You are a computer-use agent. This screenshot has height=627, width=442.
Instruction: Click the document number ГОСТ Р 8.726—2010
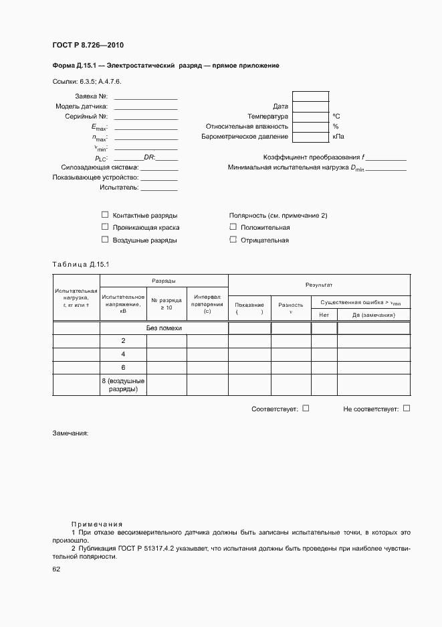(88, 46)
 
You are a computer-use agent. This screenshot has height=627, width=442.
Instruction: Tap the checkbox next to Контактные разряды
(104, 215)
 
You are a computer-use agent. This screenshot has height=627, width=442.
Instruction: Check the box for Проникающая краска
(104, 227)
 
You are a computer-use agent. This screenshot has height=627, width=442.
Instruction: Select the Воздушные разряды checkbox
(104, 239)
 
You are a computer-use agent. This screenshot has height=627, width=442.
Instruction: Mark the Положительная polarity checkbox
(233, 227)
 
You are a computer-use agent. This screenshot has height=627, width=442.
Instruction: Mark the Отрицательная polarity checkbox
(233, 239)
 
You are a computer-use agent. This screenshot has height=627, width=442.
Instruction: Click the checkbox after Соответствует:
(306, 407)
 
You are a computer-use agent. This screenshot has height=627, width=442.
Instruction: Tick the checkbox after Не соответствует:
(407, 407)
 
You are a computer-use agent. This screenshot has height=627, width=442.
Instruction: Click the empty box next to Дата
(311, 106)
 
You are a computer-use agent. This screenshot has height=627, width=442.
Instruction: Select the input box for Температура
(311, 116)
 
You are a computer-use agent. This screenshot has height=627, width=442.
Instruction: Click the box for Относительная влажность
(311, 126)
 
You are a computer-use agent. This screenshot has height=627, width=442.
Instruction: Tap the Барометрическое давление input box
(311, 137)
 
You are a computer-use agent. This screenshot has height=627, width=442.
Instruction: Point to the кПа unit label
(339, 137)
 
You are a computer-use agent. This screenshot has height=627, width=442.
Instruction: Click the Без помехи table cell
(164, 328)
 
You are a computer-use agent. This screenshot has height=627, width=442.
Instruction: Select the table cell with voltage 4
(123, 354)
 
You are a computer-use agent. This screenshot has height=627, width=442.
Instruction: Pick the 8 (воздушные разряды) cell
(123, 385)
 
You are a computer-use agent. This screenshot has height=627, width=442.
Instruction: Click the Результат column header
(319, 285)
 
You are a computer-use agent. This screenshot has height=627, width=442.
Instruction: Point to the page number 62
(56, 569)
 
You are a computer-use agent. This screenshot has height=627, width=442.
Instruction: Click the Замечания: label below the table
(70, 433)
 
